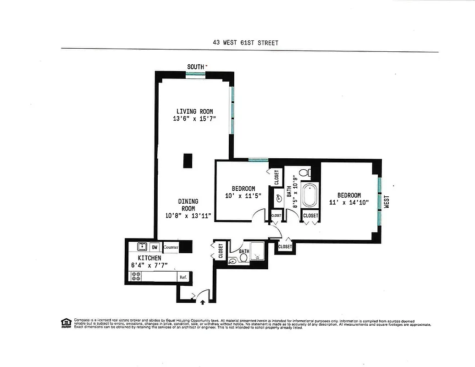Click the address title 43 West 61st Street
[245, 43]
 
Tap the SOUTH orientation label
[195, 67]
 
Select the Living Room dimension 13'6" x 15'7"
[194, 118]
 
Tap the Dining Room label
[188, 205]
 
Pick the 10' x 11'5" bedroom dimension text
[243, 196]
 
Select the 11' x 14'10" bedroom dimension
[349, 202]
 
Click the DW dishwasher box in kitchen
[155, 247]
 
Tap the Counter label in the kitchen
[171, 247]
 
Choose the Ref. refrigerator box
[182, 277]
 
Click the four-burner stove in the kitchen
[136, 276]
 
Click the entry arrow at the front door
[203, 302]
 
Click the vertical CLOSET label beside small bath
[221, 251]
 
